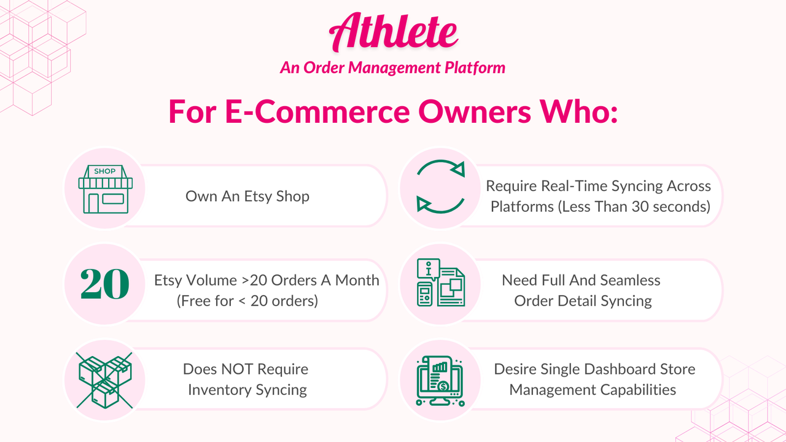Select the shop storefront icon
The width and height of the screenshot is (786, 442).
(x=104, y=188)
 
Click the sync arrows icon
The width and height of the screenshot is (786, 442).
(x=440, y=187)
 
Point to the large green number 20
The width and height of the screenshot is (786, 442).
(x=104, y=284)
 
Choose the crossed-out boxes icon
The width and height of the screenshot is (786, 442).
(x=104, y=379)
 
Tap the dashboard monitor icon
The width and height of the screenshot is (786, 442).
(x=440, y=380)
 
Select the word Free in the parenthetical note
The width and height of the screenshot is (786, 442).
(x=198, y=301)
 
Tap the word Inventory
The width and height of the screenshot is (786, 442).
(x=218, y=390)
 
